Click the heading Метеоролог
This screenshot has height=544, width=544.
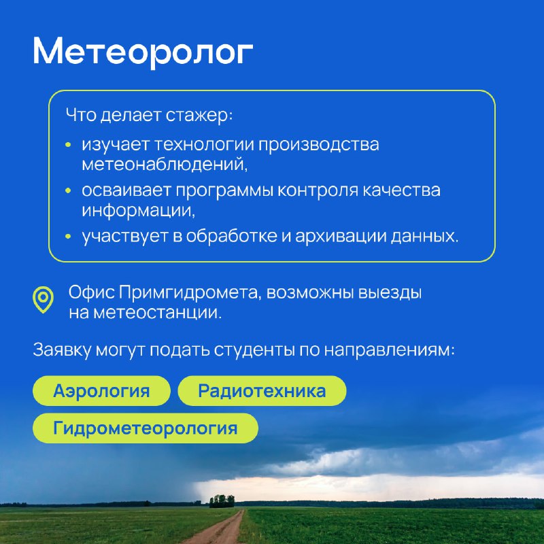click(143, 52)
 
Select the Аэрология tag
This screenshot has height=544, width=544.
click(101, 390)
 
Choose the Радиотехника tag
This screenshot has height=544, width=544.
click(262, 390)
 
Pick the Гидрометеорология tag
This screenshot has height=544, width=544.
click(146, 428)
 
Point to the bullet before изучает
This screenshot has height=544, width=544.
click(68, 145)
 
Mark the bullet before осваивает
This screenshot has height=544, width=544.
click(68, 190)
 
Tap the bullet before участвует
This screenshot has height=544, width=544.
click(68, 236)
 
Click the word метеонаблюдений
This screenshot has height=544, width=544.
click(163, 165)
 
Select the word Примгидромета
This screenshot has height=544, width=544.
click(189, 292)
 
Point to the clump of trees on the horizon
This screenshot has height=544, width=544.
click(222, 501)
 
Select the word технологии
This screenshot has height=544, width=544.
click(203, 145)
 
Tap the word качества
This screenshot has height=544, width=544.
click(401, 190)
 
